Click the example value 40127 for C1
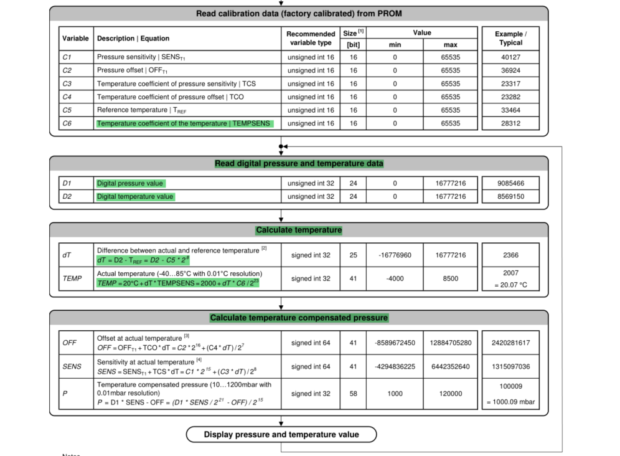coord(510,57)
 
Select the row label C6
coord(67,123)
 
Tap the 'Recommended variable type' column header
coord(311,38)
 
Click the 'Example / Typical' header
coord(510,38)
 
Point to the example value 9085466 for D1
coord(510,183)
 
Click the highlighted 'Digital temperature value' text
coord(135,197)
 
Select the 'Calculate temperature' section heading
coord(299,230)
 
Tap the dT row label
coord(67,255)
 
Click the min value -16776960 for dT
coord(395,255)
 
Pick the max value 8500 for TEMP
coord(451,278)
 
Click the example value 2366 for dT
coord(510,255)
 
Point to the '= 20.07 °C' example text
coord(510,285)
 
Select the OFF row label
coord(69,343)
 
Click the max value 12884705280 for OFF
coord(451,343)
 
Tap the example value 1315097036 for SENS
coord(510,366)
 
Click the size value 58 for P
coord(353,394)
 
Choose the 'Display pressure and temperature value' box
coord(281,434)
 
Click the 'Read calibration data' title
coord(299,13)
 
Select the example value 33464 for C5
coord(510,110)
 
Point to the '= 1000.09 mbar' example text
coord(510,402)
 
